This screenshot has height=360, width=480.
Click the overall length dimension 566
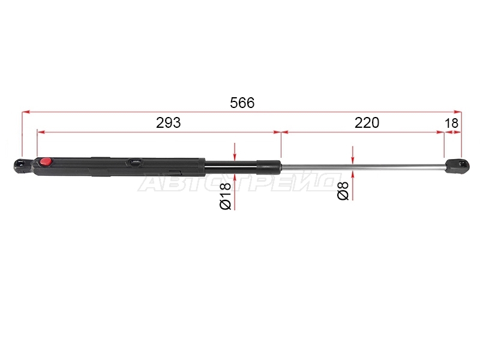click(x=242, y=103)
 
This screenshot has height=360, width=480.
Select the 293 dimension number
click(x=169, y=123)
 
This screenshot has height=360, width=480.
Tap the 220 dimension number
click(x=367, y=123)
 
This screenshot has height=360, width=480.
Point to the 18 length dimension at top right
click(x=451, y=123)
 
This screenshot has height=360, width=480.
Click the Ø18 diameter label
click(x=226, y=196)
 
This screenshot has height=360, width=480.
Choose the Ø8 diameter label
click(x=343, y=191)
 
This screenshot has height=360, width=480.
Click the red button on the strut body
click(x=46, y=161)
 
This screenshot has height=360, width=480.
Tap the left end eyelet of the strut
click(x=22, y=166)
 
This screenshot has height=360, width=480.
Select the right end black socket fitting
click(x=457, y=166)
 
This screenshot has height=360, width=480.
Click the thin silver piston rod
click(x=363, y=167)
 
